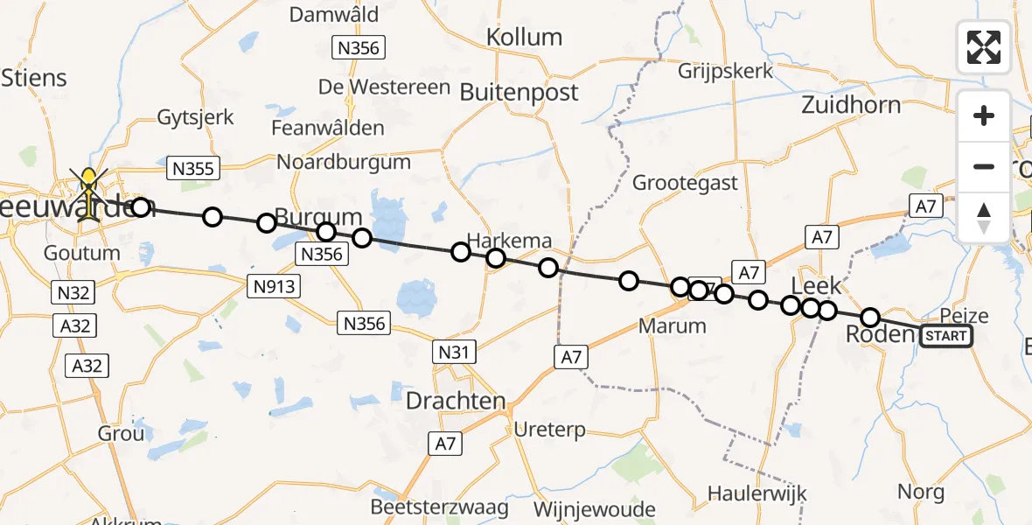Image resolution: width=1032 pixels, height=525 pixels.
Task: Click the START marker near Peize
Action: point(945,336)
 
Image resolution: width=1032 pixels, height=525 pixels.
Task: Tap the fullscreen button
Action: point(984,47)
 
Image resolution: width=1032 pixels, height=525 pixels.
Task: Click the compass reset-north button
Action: point(984,218)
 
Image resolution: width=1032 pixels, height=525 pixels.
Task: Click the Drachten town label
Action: point(456,402)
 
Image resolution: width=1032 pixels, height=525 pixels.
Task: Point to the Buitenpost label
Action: point(519,93)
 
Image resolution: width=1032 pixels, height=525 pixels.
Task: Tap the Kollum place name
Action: point(524,38)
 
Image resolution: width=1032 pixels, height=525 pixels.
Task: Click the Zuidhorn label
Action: point(851,105)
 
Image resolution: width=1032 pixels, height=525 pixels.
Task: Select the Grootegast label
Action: point(685,184)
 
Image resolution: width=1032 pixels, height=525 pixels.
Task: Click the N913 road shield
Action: point(275,285)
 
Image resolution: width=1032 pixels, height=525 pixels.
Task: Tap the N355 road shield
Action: point(193,168)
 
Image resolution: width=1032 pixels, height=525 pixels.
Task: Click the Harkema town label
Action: point(509,240)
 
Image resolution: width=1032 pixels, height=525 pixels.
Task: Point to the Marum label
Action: point(672,326)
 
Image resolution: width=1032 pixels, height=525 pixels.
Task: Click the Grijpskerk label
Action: point(726,71)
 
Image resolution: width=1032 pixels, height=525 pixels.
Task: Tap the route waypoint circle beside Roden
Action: point(869,318)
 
